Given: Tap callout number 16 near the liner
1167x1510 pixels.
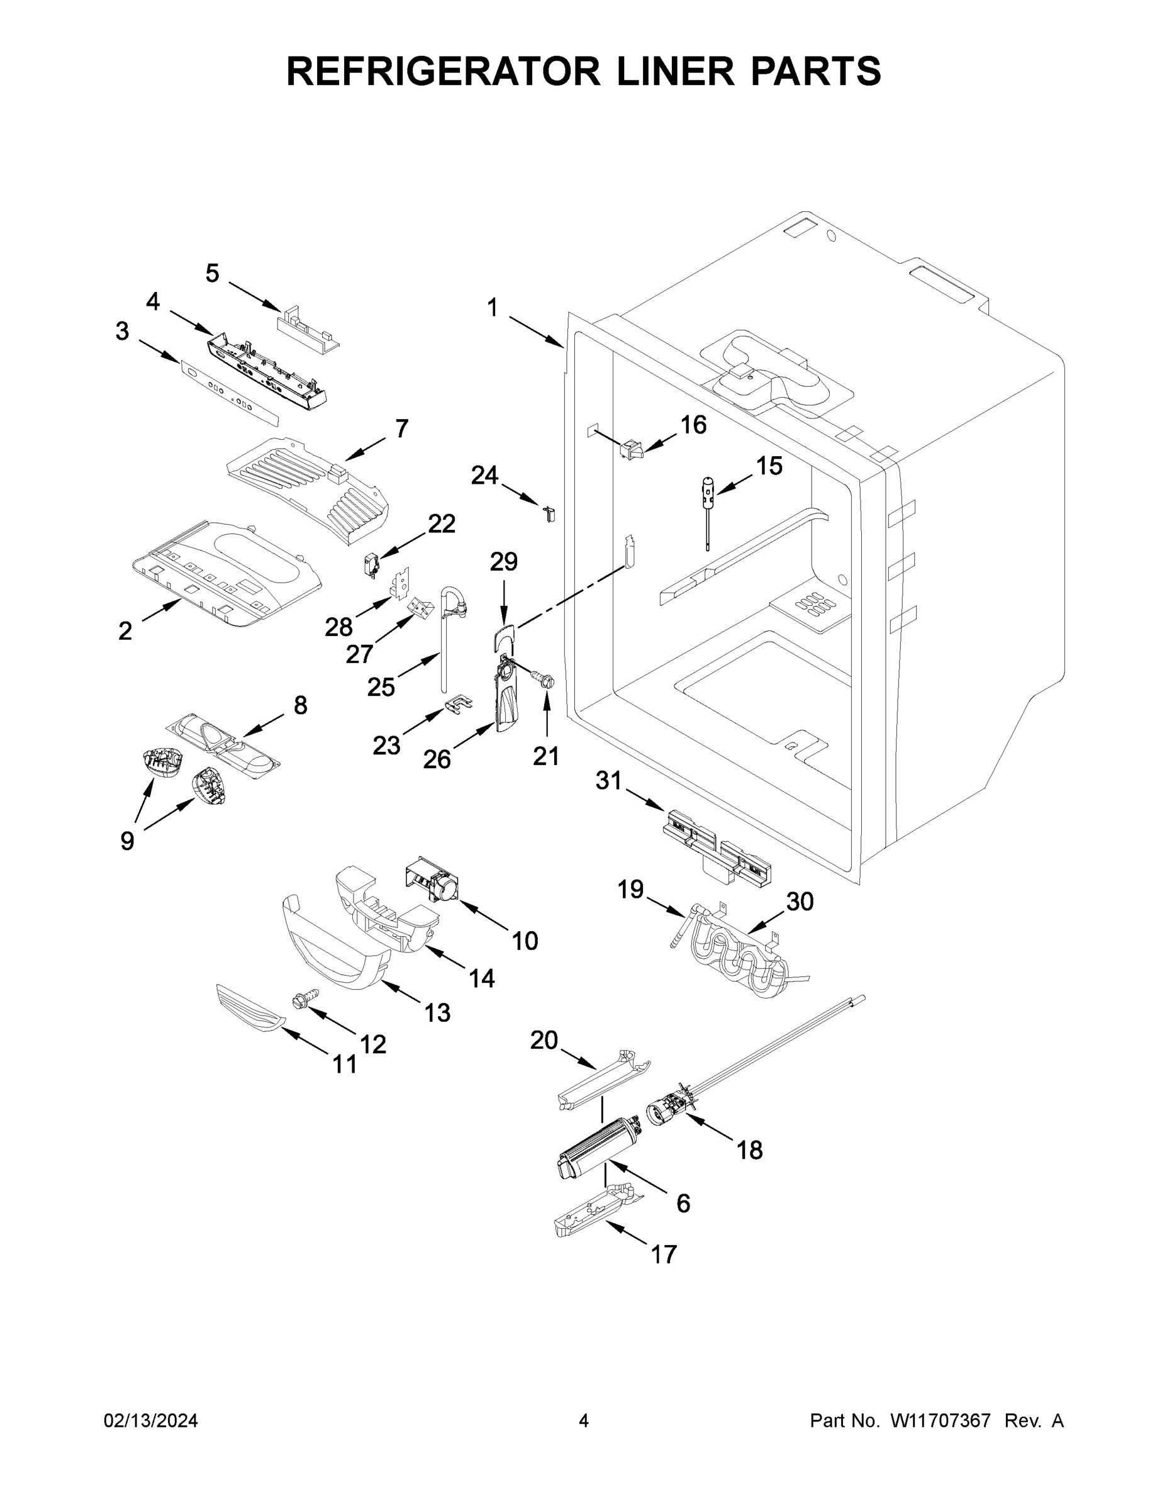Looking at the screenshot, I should tap(693, 425).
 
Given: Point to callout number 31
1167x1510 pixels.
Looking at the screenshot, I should tap(609, 781).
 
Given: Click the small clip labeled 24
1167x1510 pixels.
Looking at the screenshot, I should tap(550, 513).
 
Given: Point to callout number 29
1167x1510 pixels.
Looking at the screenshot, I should tap(503, 561).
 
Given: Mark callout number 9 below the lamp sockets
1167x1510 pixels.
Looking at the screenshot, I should tap(127, 841).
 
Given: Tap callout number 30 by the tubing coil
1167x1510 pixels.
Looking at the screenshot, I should tap(800, 902).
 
